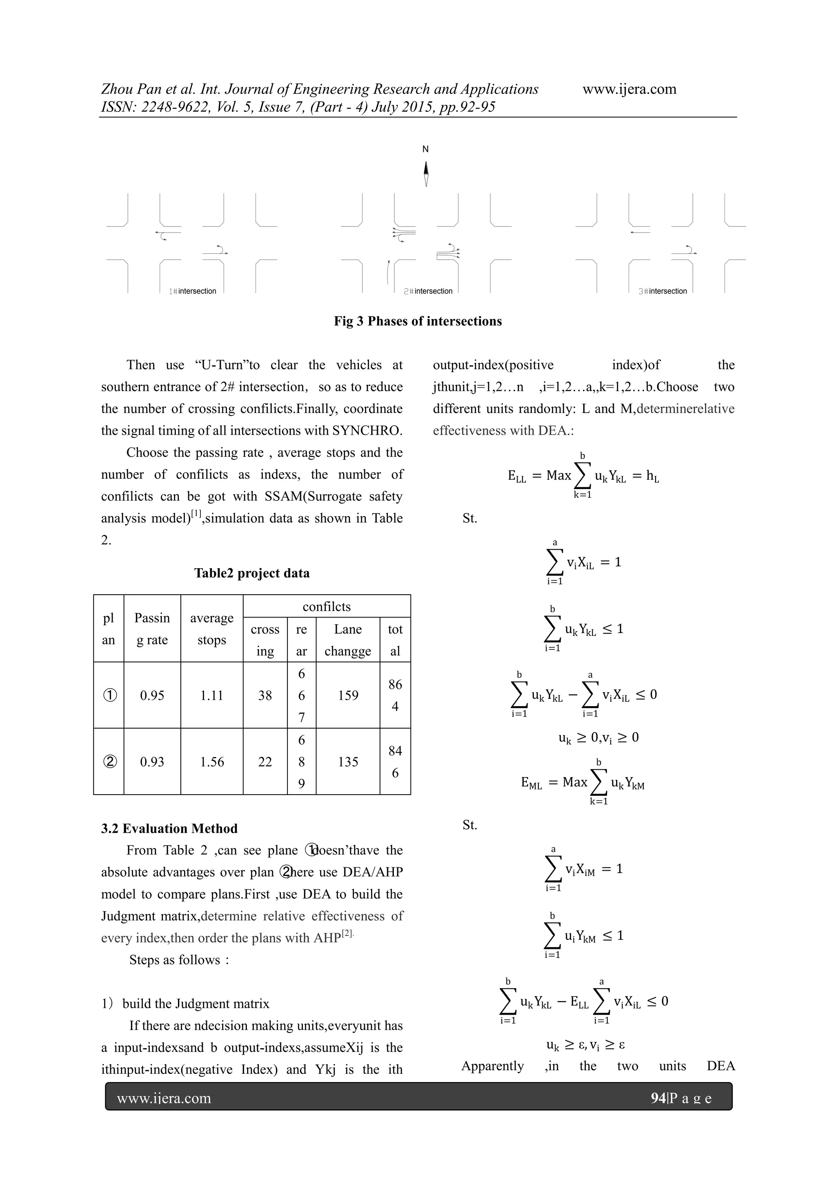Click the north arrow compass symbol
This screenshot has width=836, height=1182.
tap(426, 173)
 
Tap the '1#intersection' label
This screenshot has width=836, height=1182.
tap(193, 291)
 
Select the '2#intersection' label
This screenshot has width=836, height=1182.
tap(428, 291)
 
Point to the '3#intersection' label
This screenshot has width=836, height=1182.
tap(663, 291)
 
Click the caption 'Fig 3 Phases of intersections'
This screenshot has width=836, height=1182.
tap(418, 321)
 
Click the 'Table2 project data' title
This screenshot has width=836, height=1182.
tap(252, 573)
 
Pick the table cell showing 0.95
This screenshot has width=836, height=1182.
tap(152, 695)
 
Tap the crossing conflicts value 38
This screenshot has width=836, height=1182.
tap(265, 695)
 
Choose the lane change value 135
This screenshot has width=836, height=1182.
tap(348, 762)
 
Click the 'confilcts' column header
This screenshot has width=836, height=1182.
tap(327, 607)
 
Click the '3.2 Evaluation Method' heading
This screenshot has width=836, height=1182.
tap(169, 828)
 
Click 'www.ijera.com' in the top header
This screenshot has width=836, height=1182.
tap(629, 89)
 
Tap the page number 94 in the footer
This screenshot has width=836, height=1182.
tap(658, 1099)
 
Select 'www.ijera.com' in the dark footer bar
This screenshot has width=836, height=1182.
tap(164, 1099)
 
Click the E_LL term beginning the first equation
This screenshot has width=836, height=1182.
tap(516, 476)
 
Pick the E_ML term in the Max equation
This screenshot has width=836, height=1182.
tap(531, 783)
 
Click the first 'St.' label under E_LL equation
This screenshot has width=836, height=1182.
tap(469, 518)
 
